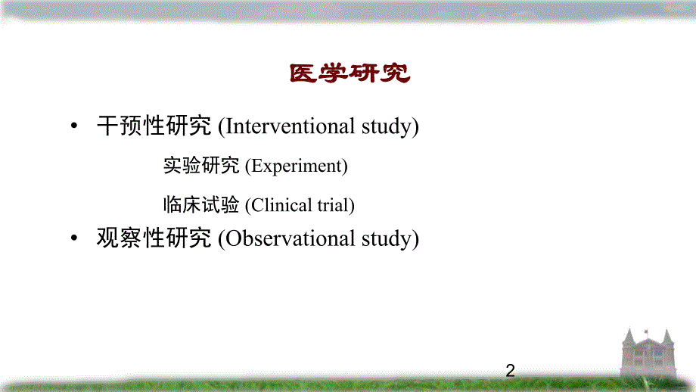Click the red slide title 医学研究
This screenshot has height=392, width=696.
pos(349,73)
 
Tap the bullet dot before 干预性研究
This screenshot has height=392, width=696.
pos(73,127)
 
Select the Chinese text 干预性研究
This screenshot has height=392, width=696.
pos(154,126)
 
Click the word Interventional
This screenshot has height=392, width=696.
pos(290,126)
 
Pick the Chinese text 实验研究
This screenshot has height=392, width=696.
pos(201,166)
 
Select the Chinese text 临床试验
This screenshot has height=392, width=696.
pos(201,204)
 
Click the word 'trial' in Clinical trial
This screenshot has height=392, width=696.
pos(334,205)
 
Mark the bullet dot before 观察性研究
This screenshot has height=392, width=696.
pos(73,239)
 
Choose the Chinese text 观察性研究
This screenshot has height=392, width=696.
pos(154,238)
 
